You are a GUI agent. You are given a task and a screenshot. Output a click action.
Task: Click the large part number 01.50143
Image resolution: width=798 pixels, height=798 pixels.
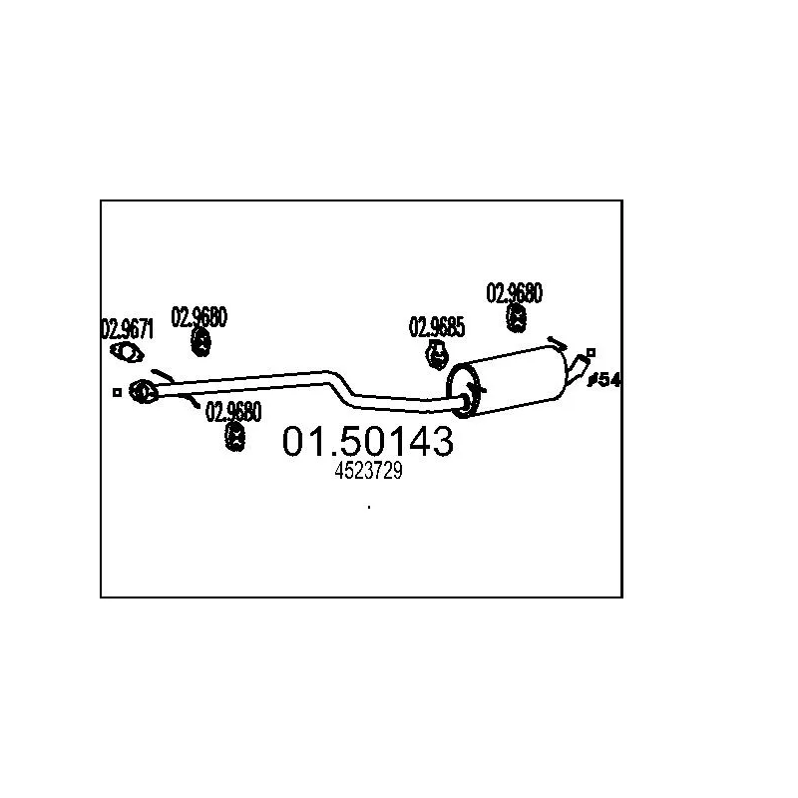coord(368,441)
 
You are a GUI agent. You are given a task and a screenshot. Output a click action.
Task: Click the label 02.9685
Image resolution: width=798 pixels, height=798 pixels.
coord(437,326)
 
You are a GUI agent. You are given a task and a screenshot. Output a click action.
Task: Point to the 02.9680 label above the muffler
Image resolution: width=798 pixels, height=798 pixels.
coord(515,293)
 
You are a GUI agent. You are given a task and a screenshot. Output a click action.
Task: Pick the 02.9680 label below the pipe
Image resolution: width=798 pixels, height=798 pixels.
coord(234,411)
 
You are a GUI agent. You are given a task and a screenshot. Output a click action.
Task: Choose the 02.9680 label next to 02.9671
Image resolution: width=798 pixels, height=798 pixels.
coord(199,317)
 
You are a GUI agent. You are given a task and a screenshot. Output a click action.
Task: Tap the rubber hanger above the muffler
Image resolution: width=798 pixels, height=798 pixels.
coord(517,318)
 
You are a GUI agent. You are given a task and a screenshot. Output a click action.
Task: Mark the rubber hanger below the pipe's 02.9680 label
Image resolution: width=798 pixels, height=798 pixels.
coord(236,436)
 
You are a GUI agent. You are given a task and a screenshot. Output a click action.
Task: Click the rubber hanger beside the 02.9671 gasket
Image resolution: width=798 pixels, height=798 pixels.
coord(200,342)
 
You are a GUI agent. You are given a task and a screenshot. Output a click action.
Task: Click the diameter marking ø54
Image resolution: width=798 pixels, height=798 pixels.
coord(605,380)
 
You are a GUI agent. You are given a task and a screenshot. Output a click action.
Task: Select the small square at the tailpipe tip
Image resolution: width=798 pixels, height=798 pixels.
coord(592,352)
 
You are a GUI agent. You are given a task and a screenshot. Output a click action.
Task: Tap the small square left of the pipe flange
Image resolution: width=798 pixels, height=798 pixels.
coord(117,392)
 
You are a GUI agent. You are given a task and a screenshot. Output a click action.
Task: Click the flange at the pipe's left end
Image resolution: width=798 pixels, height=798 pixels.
coord(143,391)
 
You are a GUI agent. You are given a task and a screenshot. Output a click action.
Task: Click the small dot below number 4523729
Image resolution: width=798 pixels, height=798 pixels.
coord(369,508)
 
